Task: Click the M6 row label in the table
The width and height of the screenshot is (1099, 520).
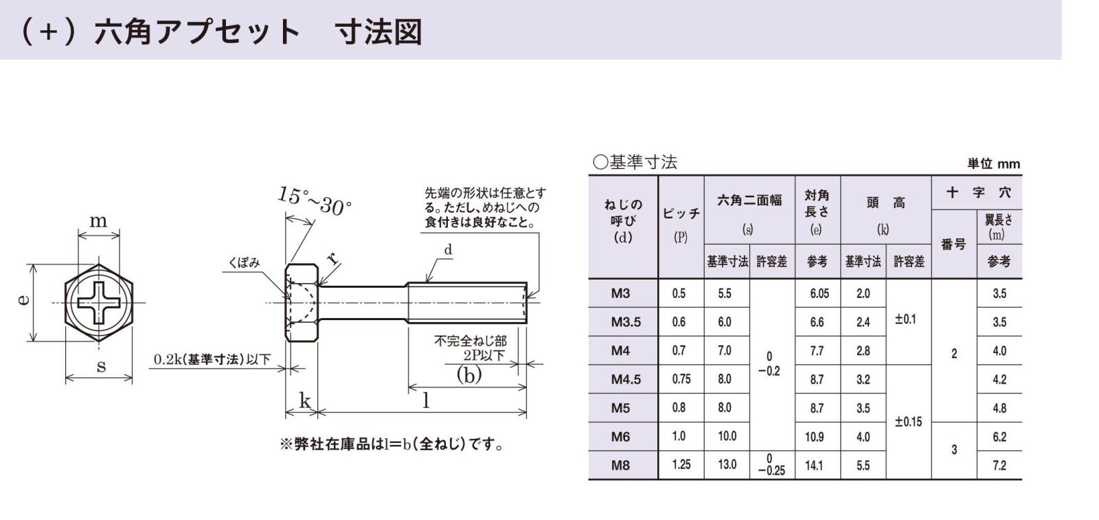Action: [x=620, y=437]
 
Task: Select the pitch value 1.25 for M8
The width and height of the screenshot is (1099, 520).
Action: [x=681, y=465]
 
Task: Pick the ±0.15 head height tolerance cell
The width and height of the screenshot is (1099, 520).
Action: [x=908, y=422]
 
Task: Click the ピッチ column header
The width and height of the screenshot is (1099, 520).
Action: [x=681, y=214]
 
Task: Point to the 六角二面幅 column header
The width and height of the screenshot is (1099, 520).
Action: [x=749, y=201]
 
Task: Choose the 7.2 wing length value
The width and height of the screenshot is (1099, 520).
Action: [x=999, y=465]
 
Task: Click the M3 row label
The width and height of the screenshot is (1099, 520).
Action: [x=620, y=294]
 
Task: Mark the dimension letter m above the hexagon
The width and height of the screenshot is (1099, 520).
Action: [x=98, y=221]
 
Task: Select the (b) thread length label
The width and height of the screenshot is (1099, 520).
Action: [x=469, y=375]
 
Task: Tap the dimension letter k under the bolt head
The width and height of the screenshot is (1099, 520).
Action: [x=304, y=401]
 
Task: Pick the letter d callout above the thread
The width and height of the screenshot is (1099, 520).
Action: [x=448, y=251]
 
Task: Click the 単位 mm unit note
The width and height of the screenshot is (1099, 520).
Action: [x=993, y=163]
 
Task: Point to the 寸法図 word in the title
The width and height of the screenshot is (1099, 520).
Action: [x=378, y=32]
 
